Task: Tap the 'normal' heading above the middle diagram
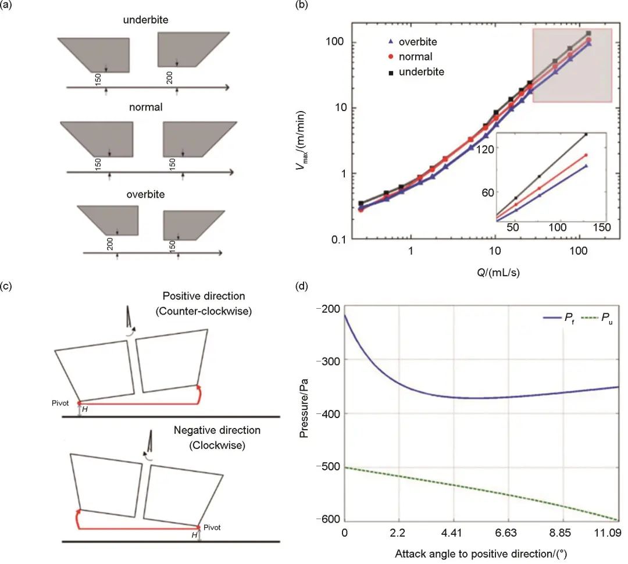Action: coord(146,107)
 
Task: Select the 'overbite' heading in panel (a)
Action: coord(145,194)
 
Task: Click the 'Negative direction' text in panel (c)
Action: coord(217,431)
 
